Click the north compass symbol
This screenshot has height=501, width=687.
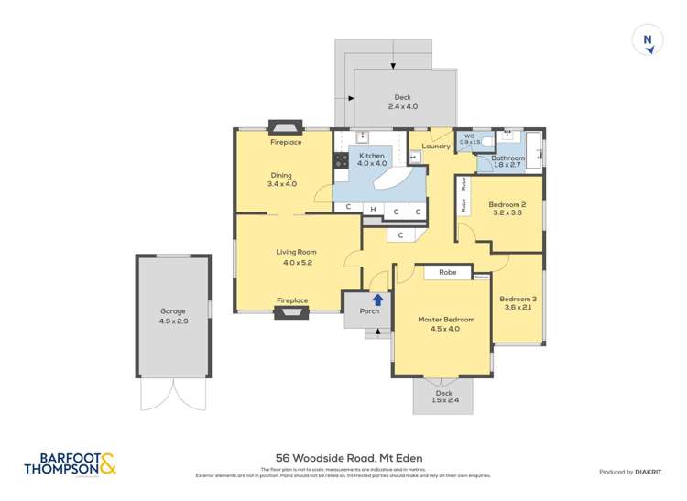pos(648,40)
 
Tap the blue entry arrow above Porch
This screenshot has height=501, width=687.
pos(376,298)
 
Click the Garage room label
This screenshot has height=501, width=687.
pos(173,311)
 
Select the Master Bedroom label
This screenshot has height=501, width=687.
pos(446,320)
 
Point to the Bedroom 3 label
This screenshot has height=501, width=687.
pos(518,300)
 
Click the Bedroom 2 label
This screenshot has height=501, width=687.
pos(507,204)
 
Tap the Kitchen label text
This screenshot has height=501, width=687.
pos(372,156)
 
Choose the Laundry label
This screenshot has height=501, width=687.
pos(435,146)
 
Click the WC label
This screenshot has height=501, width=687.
pos(469,136)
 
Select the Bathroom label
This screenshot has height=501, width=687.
pos(507,158)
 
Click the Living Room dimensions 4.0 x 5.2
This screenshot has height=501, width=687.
pos(298,263)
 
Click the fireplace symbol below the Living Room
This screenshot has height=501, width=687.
pos(293,313)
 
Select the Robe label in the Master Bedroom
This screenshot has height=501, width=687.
pos(447,272)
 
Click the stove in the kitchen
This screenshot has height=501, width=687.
pos(341,160)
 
